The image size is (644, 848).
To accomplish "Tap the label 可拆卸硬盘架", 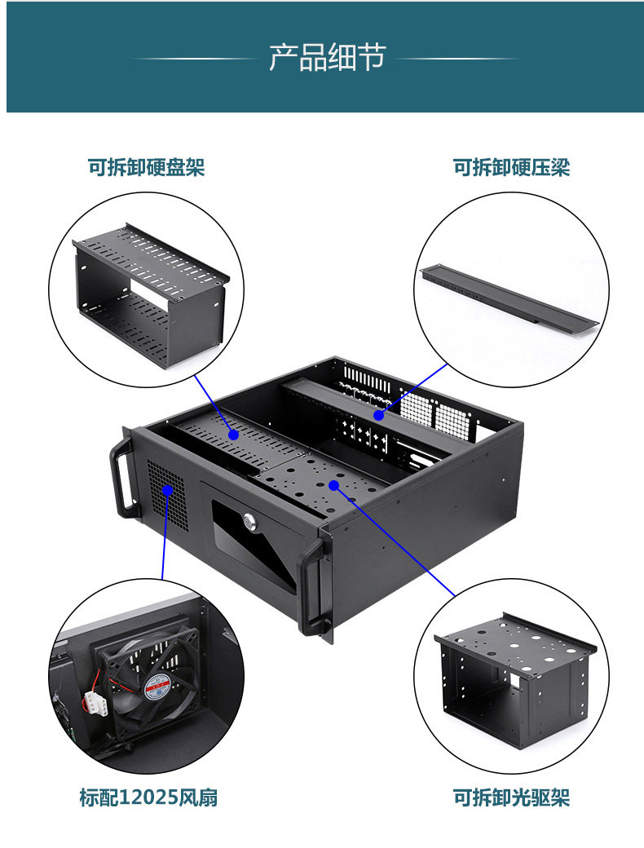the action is pyautogui.click(x=146, y=167).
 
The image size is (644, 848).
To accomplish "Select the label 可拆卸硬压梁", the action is pyautogui.click(x=511, y=167).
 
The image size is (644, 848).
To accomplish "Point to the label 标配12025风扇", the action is pyautogui.click(x=148, y=797).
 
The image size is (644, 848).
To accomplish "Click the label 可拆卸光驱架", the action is pyautogui.click(x=511, y=797).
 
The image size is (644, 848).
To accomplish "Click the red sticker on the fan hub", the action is pyautogui.click(x=157, y=687).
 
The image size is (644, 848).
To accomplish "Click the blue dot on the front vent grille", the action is pyautogui.click(x=167, y=490).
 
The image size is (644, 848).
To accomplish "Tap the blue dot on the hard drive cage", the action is pyautogui.click(x=234, y=435).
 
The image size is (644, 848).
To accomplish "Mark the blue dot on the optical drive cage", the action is pyautogui.click(x=333, y=485).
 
